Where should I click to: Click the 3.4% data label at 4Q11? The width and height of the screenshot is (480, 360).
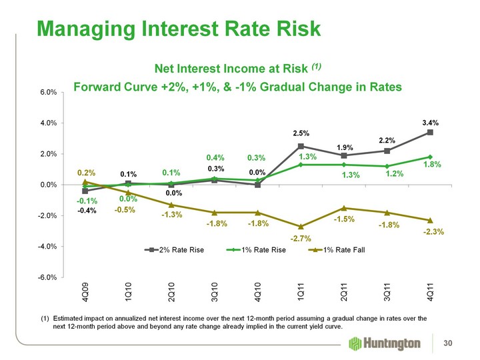(430, 123)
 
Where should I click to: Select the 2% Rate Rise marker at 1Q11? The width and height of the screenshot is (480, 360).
(301, 146)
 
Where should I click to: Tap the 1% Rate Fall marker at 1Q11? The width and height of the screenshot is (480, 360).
(301, 226)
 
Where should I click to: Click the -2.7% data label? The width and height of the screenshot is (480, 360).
(301, 239)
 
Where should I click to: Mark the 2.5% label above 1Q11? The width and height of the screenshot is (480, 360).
(301, 134)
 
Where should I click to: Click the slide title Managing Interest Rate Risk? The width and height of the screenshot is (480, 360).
(179, 28)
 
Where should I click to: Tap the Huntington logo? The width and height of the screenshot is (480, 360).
(385, 343)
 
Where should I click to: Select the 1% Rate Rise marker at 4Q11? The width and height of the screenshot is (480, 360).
(430, 157)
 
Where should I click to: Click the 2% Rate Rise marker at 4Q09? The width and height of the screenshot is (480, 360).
(85, 191)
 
